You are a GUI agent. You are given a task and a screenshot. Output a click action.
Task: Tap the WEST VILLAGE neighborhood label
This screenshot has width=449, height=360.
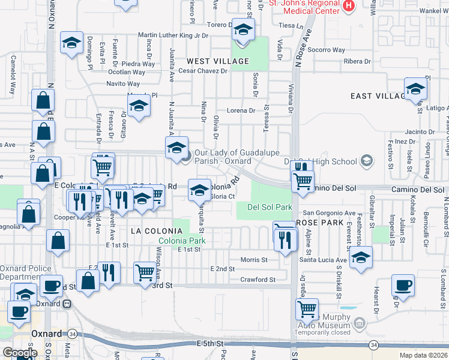coord(217,61)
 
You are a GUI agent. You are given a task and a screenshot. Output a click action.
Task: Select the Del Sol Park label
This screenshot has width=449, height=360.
coord(270,207)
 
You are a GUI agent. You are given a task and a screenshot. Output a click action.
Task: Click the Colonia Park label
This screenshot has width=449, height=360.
coord(182,241)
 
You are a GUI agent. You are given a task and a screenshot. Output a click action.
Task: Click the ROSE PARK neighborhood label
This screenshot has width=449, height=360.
coord(318,223)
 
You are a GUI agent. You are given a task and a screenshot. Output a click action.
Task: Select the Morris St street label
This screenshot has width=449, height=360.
coord(253,260)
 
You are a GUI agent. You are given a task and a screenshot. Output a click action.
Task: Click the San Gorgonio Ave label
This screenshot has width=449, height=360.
coord(328,213)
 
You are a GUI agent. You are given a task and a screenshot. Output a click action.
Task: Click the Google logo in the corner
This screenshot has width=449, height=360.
coord(20,353)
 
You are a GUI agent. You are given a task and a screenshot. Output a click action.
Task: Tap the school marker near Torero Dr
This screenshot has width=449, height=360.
coord(243,29)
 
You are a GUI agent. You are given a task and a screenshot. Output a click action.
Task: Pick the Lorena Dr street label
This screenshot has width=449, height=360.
coord(241,110)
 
